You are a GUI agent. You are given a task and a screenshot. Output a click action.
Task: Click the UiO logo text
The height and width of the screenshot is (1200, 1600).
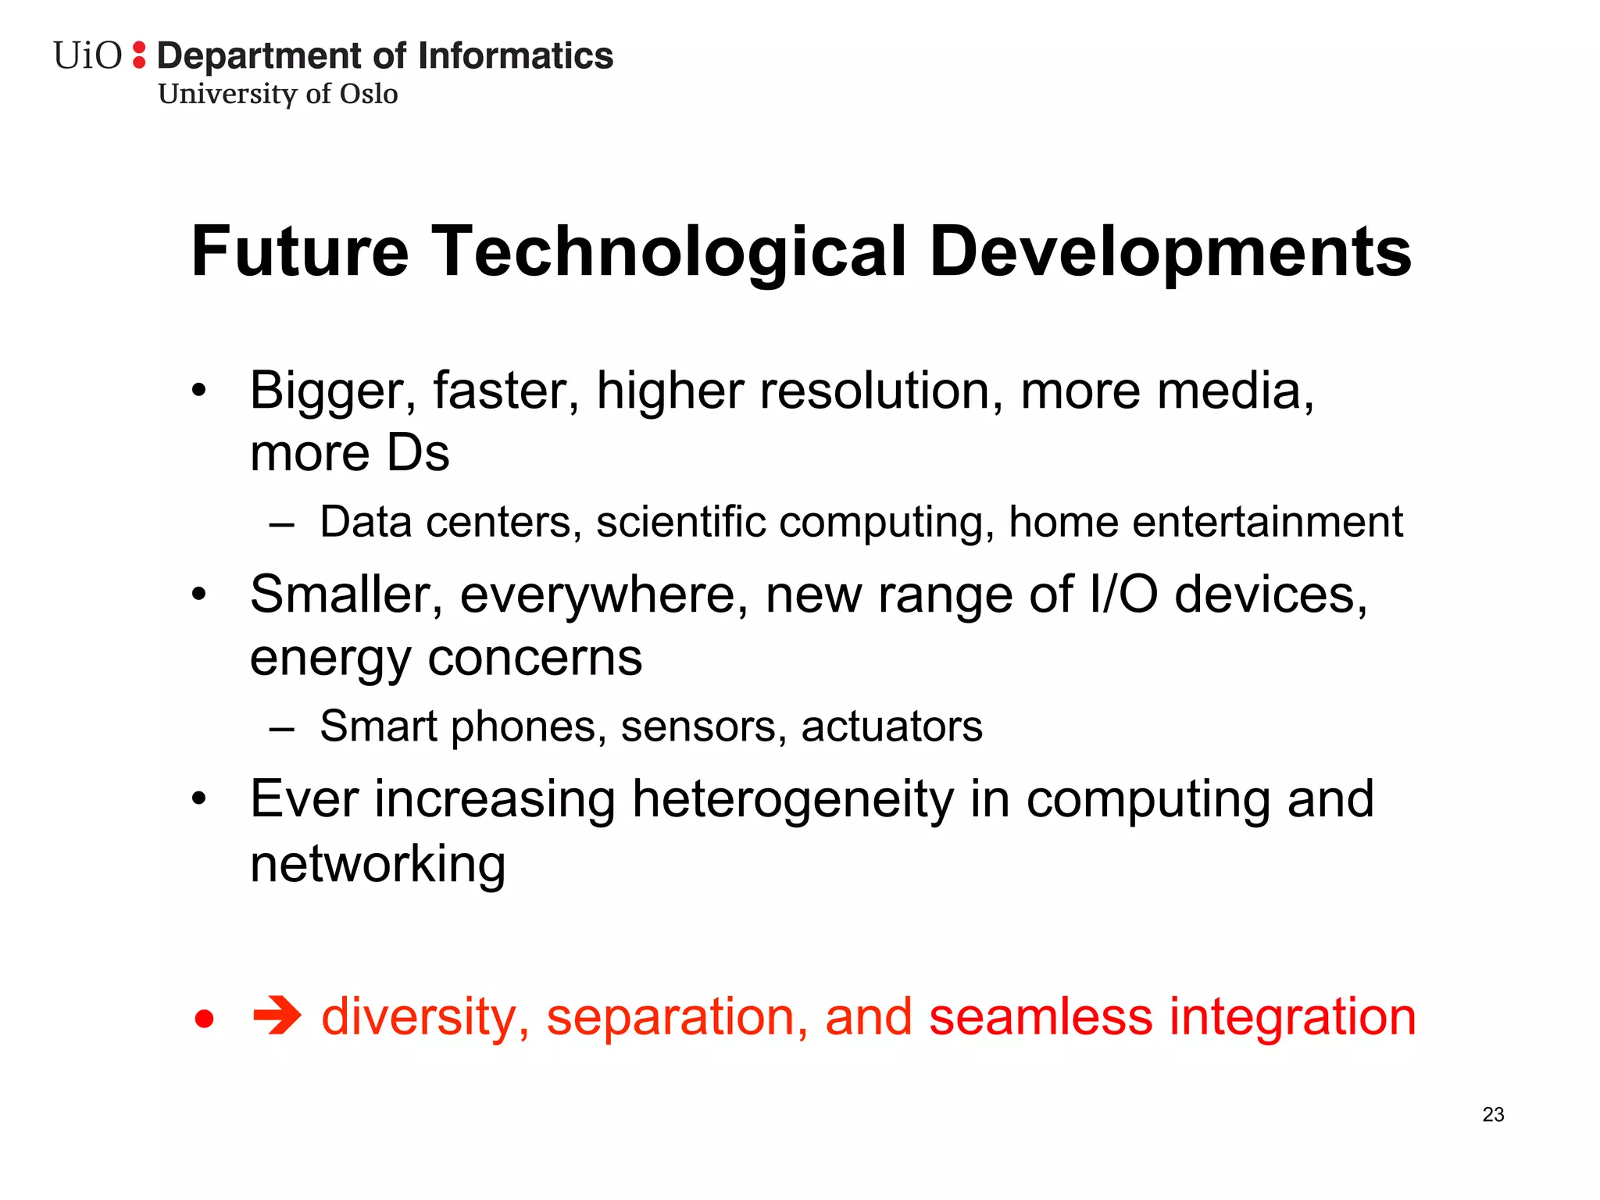click(87, 56)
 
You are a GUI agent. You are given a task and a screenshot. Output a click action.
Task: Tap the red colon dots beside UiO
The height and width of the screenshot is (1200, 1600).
click(139, 55)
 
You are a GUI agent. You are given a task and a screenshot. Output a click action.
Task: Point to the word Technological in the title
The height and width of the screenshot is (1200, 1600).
click(669, 252)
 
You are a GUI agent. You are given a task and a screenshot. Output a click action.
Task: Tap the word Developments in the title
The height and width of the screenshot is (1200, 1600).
click(1170, 252)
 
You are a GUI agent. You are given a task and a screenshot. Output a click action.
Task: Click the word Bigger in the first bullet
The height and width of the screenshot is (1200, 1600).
click(333, 391)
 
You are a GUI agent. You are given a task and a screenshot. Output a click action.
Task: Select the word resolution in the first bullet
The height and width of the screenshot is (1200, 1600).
click(881, 391)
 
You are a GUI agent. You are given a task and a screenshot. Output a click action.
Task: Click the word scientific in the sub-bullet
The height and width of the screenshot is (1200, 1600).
click(680, 522)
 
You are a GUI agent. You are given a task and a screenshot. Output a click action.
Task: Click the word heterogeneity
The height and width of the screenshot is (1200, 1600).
click(793, 800)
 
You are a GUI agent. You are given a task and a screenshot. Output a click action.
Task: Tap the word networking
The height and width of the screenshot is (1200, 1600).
click(378, 864)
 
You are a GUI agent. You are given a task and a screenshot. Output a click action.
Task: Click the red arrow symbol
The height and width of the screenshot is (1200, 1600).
click(277, 1016)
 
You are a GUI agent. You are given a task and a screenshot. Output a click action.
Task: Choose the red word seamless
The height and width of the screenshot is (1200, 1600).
click(1041, 1016)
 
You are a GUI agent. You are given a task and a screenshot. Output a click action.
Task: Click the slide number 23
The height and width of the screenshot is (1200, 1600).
click(1493, 1115)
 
